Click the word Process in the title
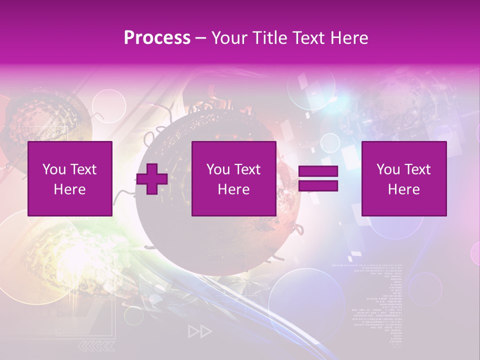click(157, 38)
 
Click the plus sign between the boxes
click(152, 179)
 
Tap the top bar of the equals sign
click(318, 171)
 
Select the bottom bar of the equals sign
click(318, 186)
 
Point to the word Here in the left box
click(69, 189)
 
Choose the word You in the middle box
click(217, 169)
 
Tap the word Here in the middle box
click(233, 189)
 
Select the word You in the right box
click(387, 169)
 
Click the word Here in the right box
click(403, 189)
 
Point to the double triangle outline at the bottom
click(199, 331)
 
